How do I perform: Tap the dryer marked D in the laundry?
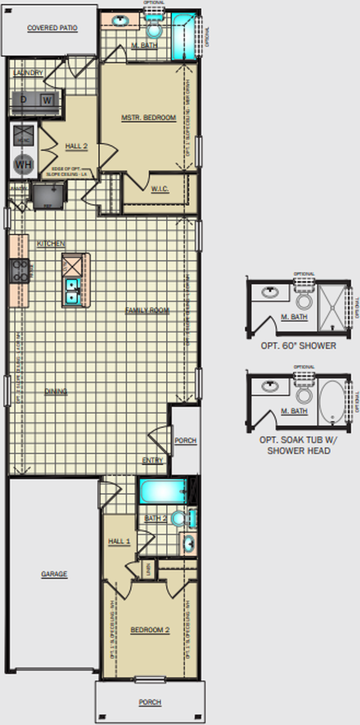[x=23, y=100]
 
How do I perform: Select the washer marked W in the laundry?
[x=46, y=100]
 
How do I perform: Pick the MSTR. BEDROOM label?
[x=148, y=118]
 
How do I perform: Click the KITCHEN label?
[x=51, y=244]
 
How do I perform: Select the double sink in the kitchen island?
[x=73, y=290]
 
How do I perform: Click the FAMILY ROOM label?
[x=147, y=310]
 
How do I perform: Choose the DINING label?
[x=55, y=391]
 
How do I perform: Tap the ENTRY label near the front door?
[x=152, y=460]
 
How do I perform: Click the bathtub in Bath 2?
[x=160, y=492]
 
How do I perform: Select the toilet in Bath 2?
[x=180, y=518]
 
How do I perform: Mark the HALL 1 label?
[x=118, y=541]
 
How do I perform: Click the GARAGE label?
[x=54, y=574]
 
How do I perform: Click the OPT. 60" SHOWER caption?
[x=297, y=346]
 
